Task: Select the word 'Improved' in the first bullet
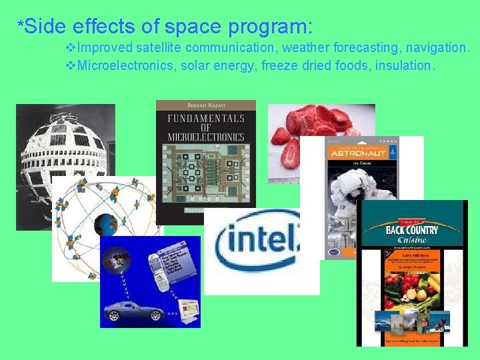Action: pyautogui.click(x=105, y=48)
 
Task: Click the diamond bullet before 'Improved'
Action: pyautogui.click(x=71, y=48)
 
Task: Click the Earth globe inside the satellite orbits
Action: pyautogui.click(x=105, y=225)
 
